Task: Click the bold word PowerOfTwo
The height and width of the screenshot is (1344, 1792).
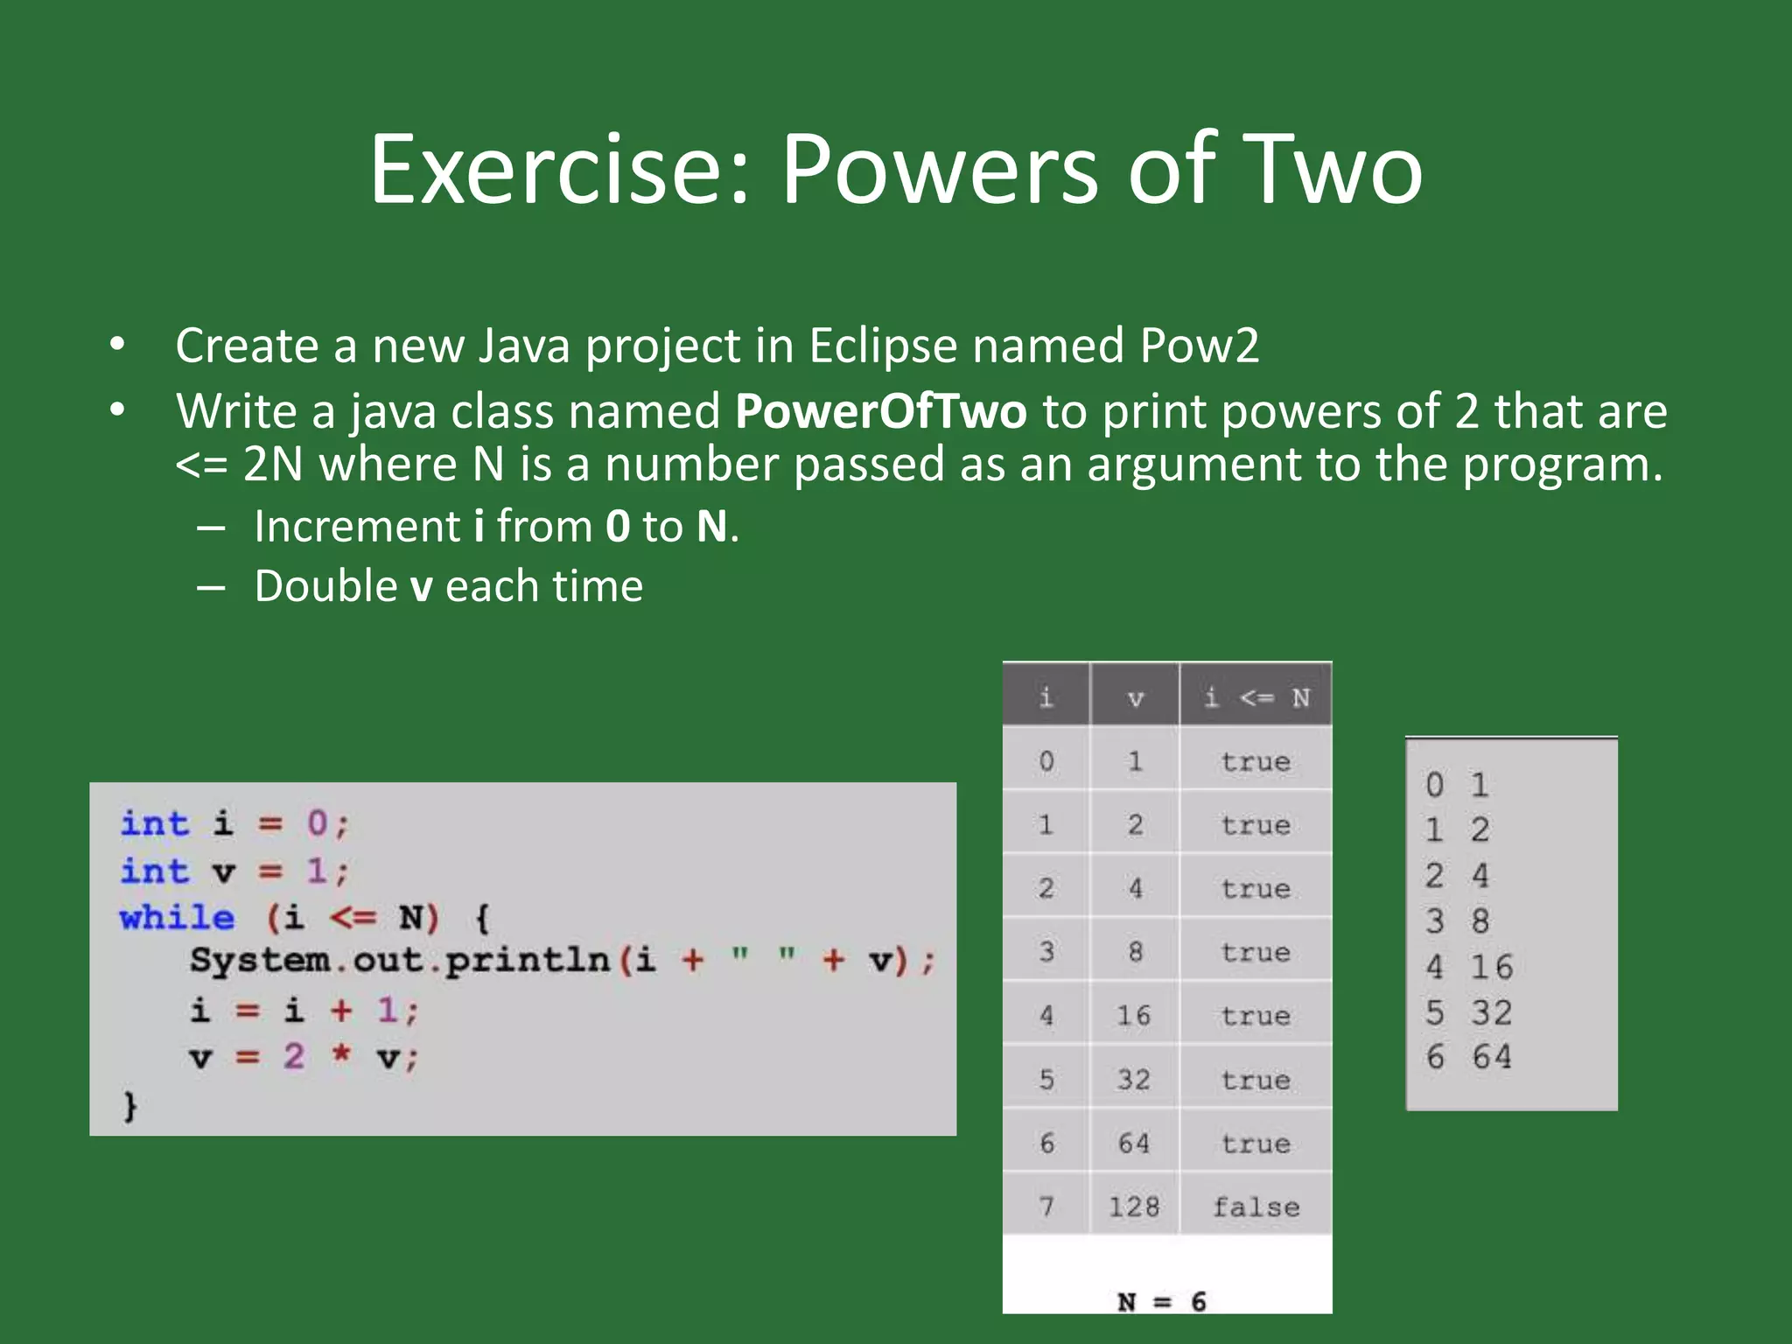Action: [880, 410]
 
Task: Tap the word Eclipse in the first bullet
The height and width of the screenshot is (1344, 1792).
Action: [882, 345]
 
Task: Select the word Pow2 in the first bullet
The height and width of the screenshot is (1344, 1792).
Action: [1199, 345]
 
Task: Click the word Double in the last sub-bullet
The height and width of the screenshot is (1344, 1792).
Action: [325, 585]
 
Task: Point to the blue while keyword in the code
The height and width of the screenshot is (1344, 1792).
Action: [177, 917]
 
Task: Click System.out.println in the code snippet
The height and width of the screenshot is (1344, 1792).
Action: [400, 960]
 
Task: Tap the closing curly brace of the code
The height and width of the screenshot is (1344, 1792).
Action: [129, 1105]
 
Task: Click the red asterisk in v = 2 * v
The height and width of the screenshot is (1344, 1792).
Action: [340, 1054]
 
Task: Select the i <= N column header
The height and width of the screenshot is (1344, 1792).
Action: [1256, 697]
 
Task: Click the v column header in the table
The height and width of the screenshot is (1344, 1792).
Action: [1135, 697]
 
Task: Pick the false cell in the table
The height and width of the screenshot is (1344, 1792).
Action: [1256, 1207]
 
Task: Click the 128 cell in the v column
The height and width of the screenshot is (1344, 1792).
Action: [1134, 1207]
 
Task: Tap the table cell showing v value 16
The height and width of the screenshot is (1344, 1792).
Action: [1134, 1015]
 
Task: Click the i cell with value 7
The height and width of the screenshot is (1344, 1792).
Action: [1046, 1207]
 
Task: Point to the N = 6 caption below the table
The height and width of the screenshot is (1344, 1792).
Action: [1162, 1301]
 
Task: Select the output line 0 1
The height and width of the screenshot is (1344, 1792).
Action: [1457, 784]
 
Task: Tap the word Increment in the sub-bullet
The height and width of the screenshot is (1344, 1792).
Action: [357, 526]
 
